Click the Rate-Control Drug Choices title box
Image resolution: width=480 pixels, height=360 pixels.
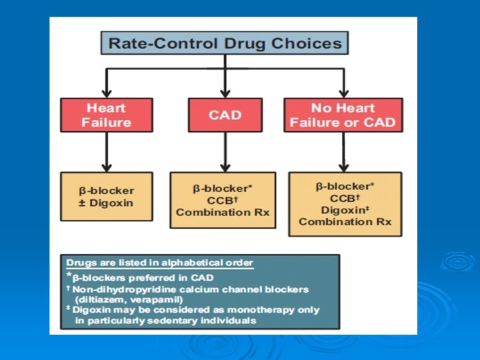(225, 44)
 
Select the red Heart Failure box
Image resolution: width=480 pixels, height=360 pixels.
(106, 115)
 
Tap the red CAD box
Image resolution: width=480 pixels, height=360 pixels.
(225, 115)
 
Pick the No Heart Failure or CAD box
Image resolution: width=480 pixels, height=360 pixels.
(343, 115)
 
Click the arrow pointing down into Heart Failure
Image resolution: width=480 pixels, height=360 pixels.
(106, 84)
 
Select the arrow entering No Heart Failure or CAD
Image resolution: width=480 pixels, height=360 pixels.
(343, 84)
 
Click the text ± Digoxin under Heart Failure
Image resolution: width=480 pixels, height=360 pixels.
(107, 202)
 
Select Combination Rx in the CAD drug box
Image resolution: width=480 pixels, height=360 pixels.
(223, 211)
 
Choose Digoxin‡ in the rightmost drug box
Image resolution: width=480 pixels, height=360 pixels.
(345, 210)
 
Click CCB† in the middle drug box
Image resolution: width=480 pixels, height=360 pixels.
(223, 200)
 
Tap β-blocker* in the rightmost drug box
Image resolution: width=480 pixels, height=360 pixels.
(345, 186)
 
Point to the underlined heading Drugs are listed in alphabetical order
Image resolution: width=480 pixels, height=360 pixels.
(159, 261)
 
